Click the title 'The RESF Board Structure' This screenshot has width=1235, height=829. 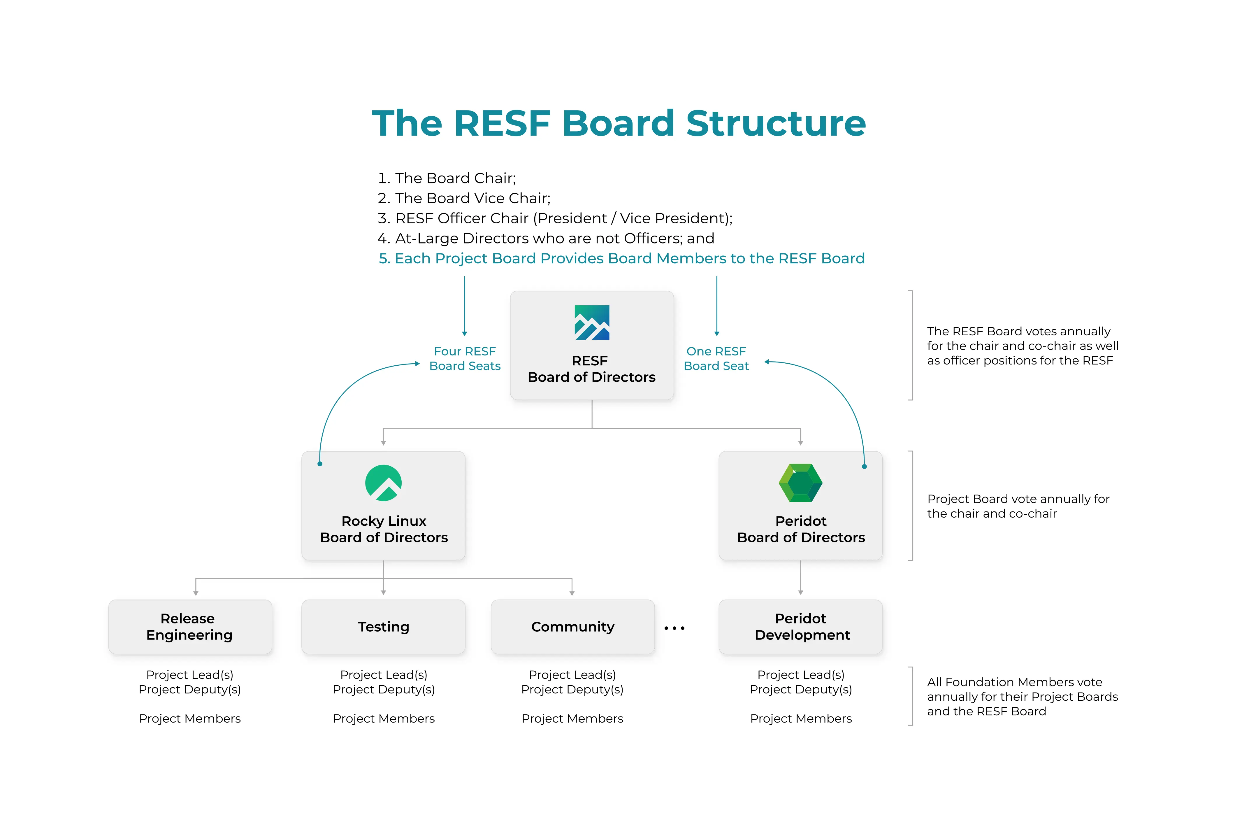618,123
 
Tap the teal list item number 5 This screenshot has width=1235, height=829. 621,259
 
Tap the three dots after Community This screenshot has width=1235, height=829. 674,628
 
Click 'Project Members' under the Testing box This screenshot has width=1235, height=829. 384,718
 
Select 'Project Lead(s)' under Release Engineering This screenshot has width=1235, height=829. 190,675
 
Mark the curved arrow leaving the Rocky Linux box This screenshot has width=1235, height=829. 343,391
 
